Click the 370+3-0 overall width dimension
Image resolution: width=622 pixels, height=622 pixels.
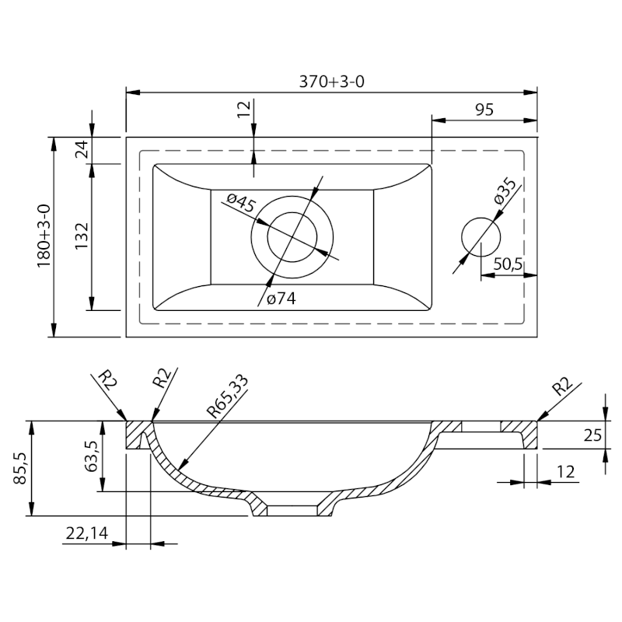tap(331, 82)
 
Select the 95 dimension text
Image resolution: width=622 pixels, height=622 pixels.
tap(484, 110)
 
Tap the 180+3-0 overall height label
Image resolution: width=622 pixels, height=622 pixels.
tap(44, 236)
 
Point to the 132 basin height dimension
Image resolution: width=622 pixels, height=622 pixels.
tap(82, 236)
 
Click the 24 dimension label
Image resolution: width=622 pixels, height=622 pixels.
tap(82, 149)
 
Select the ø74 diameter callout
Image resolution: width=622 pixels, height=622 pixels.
tap(281, 299)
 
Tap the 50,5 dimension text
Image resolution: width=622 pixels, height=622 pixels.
tap(508, 264)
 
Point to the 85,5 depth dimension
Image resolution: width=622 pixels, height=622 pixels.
tap(20, 469)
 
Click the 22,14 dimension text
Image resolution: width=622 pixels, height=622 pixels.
tap(87, 533)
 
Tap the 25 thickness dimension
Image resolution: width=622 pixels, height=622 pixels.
tap(592, 435)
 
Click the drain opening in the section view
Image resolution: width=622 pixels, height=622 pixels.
tap(292, 511)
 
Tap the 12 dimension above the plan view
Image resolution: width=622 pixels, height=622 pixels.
tap(245, 109)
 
